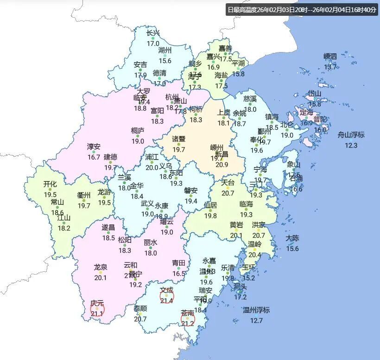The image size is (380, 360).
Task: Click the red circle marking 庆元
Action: pyautogui.click(x=97, y=309)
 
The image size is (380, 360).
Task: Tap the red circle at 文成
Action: pyautogui.click(x=167, y=296)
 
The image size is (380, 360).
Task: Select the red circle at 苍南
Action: pyautogui.click(x=188, y=319)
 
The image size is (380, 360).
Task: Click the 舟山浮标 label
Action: pyautogui.click(x=351, y=135)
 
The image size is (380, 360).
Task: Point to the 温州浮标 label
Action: pyautogui.click(x=256, y=310)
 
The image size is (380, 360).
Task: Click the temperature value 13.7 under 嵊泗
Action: pyautogui.click(x=330, y=67)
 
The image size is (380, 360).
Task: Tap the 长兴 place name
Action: pyautogui.click(x=153, y=33)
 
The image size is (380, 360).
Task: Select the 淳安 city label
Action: pyautogui.click(x=94, y=147)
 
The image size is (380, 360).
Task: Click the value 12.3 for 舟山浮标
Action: pyautogui.click(x=351, y=146)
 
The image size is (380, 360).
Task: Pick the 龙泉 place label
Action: pyautogui.click(x=101, y=267)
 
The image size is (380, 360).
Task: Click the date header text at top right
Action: pyautogui.click(x=301, y=10)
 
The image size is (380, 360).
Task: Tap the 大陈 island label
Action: pyautogui.click(x=292, y=238)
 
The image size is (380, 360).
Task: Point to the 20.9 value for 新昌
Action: pyautogui.click(x=222, y=164)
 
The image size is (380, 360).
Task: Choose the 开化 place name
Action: pyautogui.click(x=50, y=184)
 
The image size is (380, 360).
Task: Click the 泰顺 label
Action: pyautogui.click(x=140, y=309)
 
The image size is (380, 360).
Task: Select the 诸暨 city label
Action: pyautogui.click(x=179, y=139)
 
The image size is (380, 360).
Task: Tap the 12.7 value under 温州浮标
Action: pyautogui.click(x=256, y=321)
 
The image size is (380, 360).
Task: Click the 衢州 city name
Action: pyautogui.click(x=84, y=195)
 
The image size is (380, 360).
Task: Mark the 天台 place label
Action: pyautogui.click(x=228, y=183)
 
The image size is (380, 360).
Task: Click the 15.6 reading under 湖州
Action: pyautogui.click(x=165, y=61)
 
